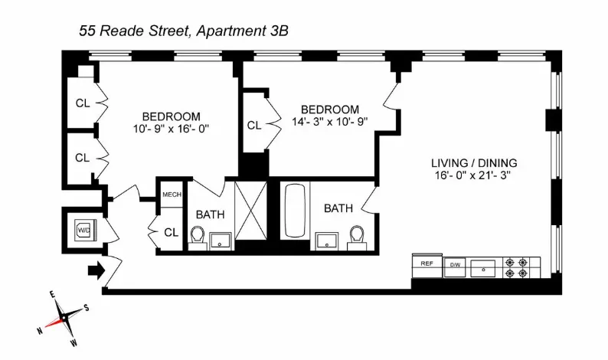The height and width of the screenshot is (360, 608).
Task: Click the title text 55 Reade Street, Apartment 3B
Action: click(184, 30)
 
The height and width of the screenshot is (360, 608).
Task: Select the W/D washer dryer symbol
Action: click(82, 228)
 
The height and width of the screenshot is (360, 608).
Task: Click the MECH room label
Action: click(172, 195)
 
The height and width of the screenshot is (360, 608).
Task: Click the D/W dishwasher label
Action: click(455, 266)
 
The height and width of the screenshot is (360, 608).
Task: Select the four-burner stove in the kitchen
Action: click(515, 267)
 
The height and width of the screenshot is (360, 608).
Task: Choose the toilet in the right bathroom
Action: click(356, 237)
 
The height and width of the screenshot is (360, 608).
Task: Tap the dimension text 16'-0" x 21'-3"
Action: click(475, 175)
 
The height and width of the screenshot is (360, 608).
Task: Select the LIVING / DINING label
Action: click(474, 162)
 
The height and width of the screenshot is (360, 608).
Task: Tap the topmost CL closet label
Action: click(83, 103)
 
